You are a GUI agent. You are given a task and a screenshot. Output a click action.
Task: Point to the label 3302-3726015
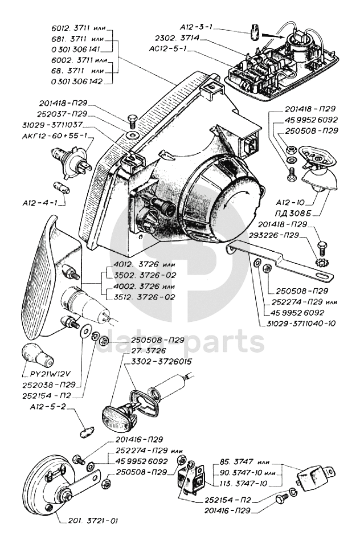pyautogui.click(x=154, y=361)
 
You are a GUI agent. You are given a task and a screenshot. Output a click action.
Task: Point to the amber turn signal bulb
pyautogui.click(x=39, y=353)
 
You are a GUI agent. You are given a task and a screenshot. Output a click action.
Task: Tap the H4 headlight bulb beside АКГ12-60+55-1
pyautogui.click(x=70, y=157)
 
